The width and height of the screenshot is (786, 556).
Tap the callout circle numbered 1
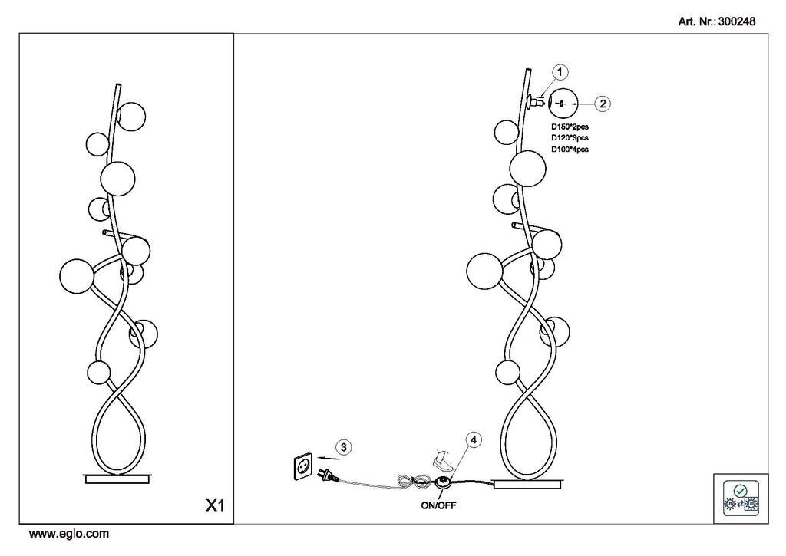(560, 72)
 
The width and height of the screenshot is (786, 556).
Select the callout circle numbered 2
(602, 104)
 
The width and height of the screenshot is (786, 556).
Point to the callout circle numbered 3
(343, 447)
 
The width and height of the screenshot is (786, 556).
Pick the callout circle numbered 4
(473, 439)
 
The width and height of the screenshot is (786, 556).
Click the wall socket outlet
(302, 466)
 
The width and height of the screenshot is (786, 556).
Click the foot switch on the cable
(442, 482)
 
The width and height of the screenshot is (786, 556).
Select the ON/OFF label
(438, 505)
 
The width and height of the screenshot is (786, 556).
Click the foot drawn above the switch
(443, 460)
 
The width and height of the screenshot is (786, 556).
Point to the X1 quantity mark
(215, 506)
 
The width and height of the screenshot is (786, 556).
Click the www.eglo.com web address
(68, 534)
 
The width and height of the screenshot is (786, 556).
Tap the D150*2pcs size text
(570, 127)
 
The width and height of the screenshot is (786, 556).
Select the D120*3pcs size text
(570, 138)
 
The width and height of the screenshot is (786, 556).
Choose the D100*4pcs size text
(570, 150)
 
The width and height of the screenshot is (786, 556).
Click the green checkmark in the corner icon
(740, 490)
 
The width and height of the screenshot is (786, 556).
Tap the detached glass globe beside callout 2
(563, 104)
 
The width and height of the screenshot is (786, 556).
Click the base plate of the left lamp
(117, 479)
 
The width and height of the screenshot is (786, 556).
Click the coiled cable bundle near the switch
(414, 482)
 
